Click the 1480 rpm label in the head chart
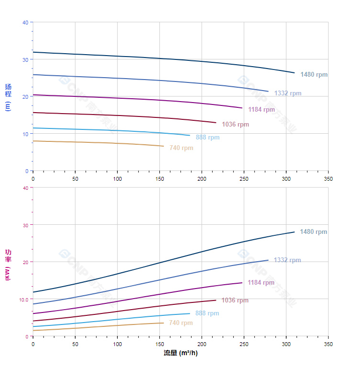314,75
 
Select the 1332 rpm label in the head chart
288,93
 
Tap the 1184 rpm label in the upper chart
261,110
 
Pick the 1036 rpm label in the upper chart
235,125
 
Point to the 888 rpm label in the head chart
207,138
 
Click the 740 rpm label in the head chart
181,148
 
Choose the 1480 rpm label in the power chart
313,232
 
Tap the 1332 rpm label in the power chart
287,260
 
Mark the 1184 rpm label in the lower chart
261,283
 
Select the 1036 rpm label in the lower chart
235,301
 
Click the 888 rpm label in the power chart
207,313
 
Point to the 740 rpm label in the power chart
180,323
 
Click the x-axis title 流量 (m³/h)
180,353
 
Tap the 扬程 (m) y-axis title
8,97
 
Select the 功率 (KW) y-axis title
8,265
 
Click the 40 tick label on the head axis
25,23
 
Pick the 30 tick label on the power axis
25,225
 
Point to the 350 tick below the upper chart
328,179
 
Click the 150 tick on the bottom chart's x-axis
159,344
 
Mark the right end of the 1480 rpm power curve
294,232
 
